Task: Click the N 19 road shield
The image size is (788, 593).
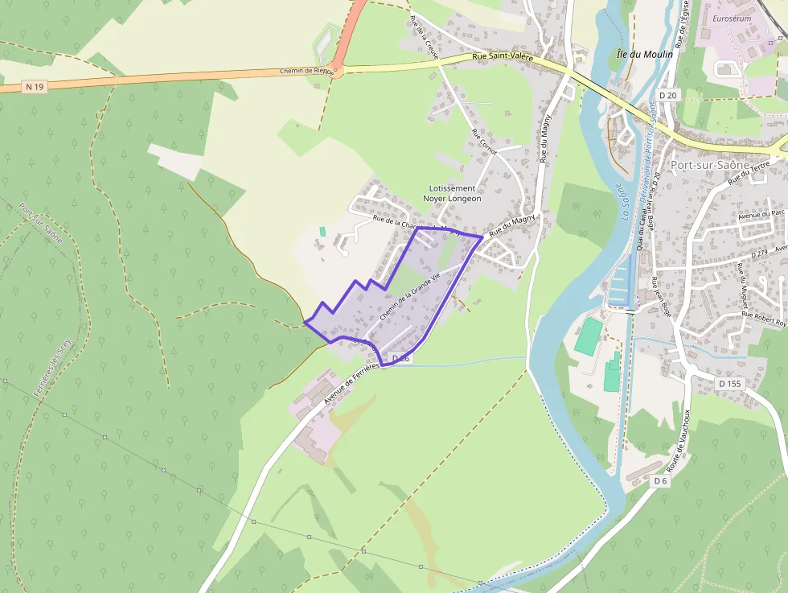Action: [x=33, y=86]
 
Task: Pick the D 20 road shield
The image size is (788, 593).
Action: [x=667, y=95]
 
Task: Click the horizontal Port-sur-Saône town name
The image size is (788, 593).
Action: [x=709, y=165]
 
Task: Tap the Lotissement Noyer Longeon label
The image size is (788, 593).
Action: [x=452, y=193]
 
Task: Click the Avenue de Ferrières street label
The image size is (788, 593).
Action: [x=352, y=381]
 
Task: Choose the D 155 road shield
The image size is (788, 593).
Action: [x=730, y=384]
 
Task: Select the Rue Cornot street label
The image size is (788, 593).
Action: [x=485, y=142]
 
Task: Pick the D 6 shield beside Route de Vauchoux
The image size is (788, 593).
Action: [x=660, y=480]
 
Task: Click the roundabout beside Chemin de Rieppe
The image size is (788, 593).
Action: [x=338, y=71]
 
